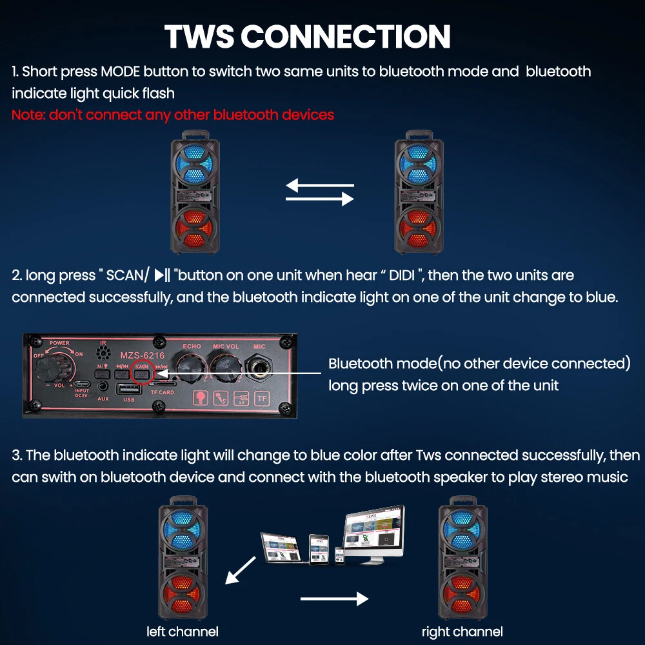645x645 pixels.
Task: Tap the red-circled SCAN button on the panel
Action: click(141, 370)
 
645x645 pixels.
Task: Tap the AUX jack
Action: click(103, 387)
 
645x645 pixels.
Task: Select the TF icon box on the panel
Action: click(262, 397)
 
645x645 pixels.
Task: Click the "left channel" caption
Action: click(183, 631)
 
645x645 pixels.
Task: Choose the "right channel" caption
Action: click(462, 631)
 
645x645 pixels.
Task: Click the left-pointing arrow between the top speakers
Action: click(320, 186)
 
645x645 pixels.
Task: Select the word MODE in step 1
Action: click(121, 71)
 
